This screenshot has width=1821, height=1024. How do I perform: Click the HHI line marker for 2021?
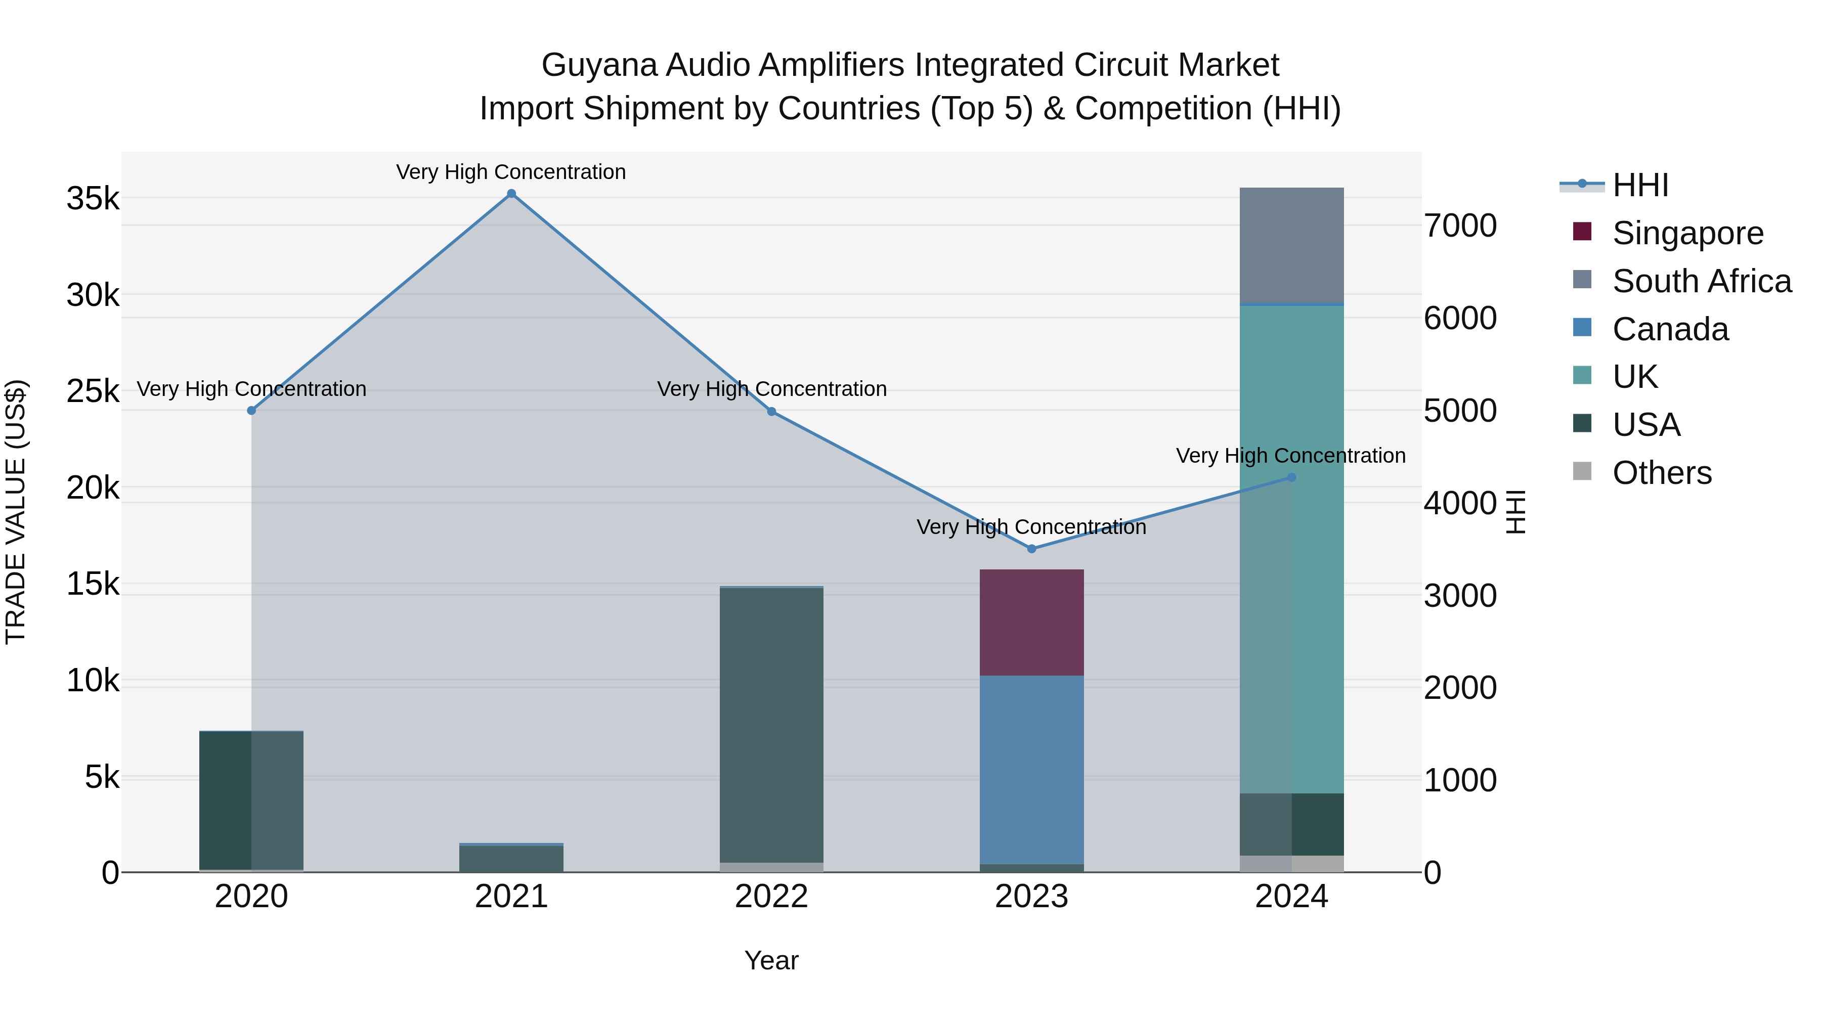point(511,194)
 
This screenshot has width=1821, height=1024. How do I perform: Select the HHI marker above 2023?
point(1031,548)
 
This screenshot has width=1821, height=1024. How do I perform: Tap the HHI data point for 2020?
point(252,411)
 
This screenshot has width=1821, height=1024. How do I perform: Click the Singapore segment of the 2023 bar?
point(1031,622)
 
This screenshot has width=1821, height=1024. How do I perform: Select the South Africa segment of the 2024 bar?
point(1291,245)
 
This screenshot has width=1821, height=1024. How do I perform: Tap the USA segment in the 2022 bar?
point(771,724)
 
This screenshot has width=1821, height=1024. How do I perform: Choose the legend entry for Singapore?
point(1687,233)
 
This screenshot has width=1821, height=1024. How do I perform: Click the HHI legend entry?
point(1639,185)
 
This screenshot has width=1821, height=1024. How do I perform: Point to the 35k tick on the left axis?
point(93,199)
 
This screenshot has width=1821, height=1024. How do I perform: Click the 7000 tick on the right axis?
point(1460,226)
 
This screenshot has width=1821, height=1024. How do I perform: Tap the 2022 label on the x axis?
point(771,897)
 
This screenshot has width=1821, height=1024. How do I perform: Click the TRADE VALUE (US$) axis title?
point(16,512)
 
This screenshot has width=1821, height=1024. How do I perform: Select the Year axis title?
point(771,960)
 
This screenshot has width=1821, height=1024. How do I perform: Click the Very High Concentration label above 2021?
point(511,172)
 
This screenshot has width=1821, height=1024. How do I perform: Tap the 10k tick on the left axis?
point(93,681)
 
